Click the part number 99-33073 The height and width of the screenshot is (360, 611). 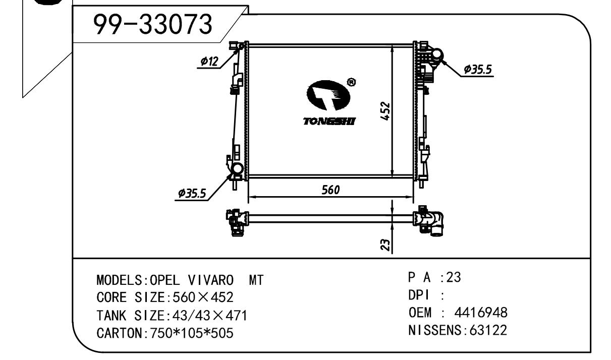pos(152,25)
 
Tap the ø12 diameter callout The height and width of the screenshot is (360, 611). pos(209,62)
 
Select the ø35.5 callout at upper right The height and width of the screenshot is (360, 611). pos(478,69)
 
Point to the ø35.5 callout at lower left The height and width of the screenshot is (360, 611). pos(192,193)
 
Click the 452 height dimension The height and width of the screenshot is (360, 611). pos(385,111)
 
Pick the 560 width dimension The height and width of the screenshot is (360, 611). pos(330,190)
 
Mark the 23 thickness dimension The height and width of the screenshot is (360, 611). pos(385,245)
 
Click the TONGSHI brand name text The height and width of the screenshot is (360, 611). pos(329,122)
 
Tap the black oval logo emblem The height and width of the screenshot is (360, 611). pos(328,95)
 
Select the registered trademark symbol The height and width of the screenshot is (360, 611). pos(351,82)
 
